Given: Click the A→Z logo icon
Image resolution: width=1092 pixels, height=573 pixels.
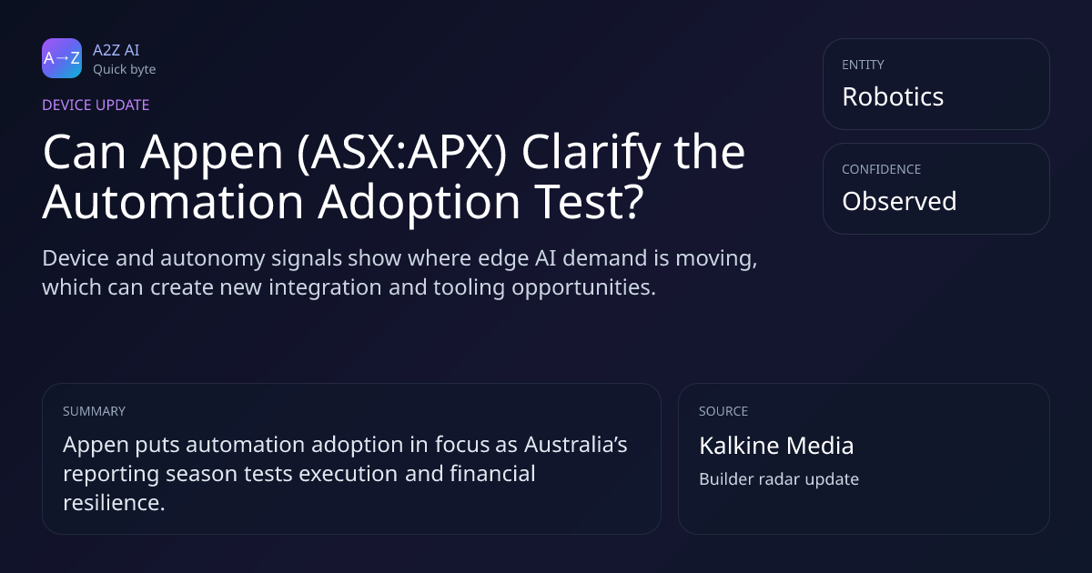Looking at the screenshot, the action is pyautogui.click(x=62, y=58).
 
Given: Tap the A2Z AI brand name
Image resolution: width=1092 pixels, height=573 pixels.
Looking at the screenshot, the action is pyautogui.click(x=116, y=50).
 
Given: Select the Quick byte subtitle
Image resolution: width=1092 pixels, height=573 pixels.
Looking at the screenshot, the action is pyautogui.click(x=125, y=70).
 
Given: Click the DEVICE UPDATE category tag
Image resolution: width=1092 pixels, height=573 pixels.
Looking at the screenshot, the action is pyautogui.click(x=96, y=105).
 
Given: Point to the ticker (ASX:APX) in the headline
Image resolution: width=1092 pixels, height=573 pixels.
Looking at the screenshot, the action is pyautogui.click(x=401, y=153).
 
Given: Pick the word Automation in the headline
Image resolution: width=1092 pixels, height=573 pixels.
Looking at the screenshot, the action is pyautogui.click(x=174, y=201).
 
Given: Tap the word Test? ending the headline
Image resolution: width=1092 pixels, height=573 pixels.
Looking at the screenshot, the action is pyautogui.click(x=590, y=201).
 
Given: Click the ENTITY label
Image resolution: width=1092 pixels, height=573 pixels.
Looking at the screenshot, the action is pyautogui.click(x=863, y=65).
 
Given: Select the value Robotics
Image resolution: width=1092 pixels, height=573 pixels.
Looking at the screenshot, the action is pyautogui.click(x=893, y=96).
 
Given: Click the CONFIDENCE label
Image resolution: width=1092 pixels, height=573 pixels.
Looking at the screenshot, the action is pyautogui.click(x=882, y=169).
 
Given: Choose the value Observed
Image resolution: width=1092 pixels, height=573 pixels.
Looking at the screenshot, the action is pyautogui.click(x=899, y=201).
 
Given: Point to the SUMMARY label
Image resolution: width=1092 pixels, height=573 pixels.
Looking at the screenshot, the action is pyautogui.click(x=94, y=411).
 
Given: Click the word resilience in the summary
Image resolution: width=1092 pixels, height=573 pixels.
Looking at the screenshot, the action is pyautogui.click(x=114, y=502).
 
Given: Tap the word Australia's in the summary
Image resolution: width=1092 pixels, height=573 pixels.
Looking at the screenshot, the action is pyautogui.click(x=576, y=445).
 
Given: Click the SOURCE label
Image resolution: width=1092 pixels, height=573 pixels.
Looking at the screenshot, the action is pyautogui.click(x=723, y=411).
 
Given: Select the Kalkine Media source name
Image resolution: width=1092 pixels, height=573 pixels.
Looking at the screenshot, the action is pyautogui.click(x=776, y=446).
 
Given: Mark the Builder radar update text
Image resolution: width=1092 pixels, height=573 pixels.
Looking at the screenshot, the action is pyautogui.click(x=779, y=479).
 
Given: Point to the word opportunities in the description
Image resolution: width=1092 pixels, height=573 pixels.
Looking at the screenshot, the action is pyautogui.click(x=583, y=287).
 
